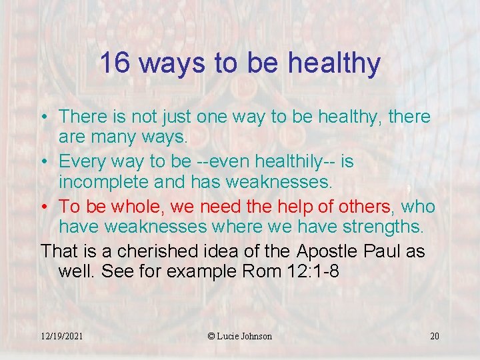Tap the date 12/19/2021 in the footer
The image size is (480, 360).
61,336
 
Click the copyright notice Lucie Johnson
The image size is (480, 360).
240,336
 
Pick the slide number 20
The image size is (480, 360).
435,336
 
